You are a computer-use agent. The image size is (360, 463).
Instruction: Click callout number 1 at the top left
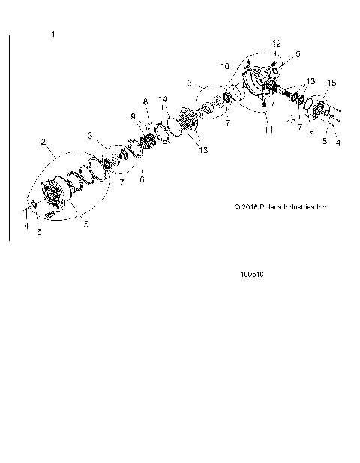tap(52, 35)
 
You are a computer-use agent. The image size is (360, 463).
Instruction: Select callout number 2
tap(43, 141)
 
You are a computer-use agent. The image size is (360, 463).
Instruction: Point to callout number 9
tap(135, 116)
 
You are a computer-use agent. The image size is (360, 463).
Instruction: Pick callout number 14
tap(163, 99)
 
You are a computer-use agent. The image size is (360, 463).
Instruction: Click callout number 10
tap(224, 65)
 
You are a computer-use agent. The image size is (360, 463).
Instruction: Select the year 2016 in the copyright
tap(248, 207)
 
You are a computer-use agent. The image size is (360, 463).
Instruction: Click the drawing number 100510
tap(251, 274)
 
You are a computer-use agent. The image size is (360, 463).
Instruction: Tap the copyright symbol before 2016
tap(236, 207)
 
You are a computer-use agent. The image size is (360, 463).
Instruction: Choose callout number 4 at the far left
tap(25, 225)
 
